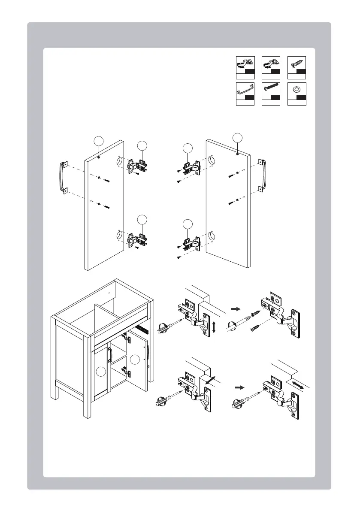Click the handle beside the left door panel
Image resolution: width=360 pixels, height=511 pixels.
pyautogui.click(x=63, y=176)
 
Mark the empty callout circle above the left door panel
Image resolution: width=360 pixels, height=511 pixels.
pyautogui.click(x=99, y=142)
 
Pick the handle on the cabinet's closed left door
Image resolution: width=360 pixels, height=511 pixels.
pyautogui.click(x=110, y=355)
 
